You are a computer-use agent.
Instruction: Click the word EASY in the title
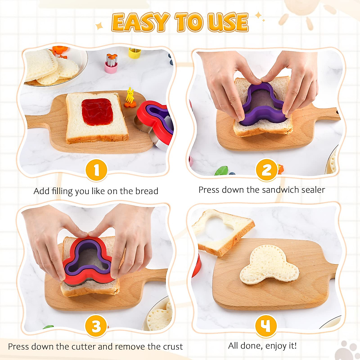[x=140, y=22]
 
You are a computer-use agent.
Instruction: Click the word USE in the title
[x=228, y=22]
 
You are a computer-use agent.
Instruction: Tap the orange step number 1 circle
[x=96, y=170]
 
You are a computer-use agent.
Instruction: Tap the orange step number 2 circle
[x=266, y=170]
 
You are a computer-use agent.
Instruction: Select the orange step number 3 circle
[x=96, y=326]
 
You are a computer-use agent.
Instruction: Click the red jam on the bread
[x=97, y=112]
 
